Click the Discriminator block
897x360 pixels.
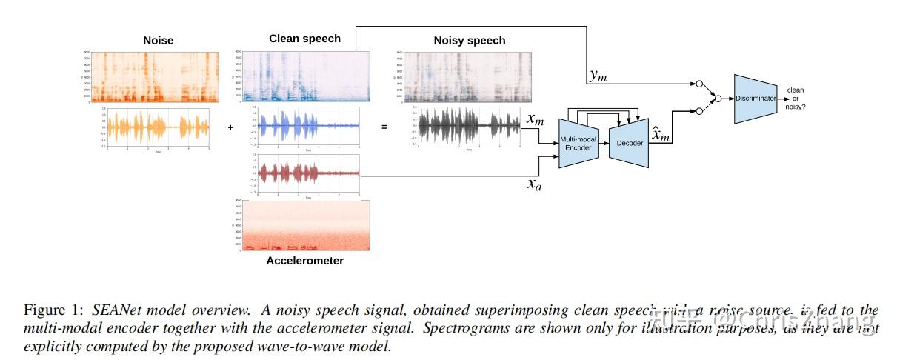(x=756, y=98)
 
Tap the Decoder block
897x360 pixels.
(x=629, y=143)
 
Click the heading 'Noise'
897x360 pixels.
(x=158, y=41)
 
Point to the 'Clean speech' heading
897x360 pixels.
(x=304, y=39)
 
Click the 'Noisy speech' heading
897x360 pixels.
(x=469, y=41)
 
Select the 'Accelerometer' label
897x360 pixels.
(x=304, y=261)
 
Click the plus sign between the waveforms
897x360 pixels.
(x=230, y=127)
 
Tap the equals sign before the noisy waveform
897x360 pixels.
(x=384, y=127)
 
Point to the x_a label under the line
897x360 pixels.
(x=534, y=184)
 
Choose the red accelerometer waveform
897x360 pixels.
(x=306, y=174)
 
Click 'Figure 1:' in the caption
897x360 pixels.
(x=55, y=309)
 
